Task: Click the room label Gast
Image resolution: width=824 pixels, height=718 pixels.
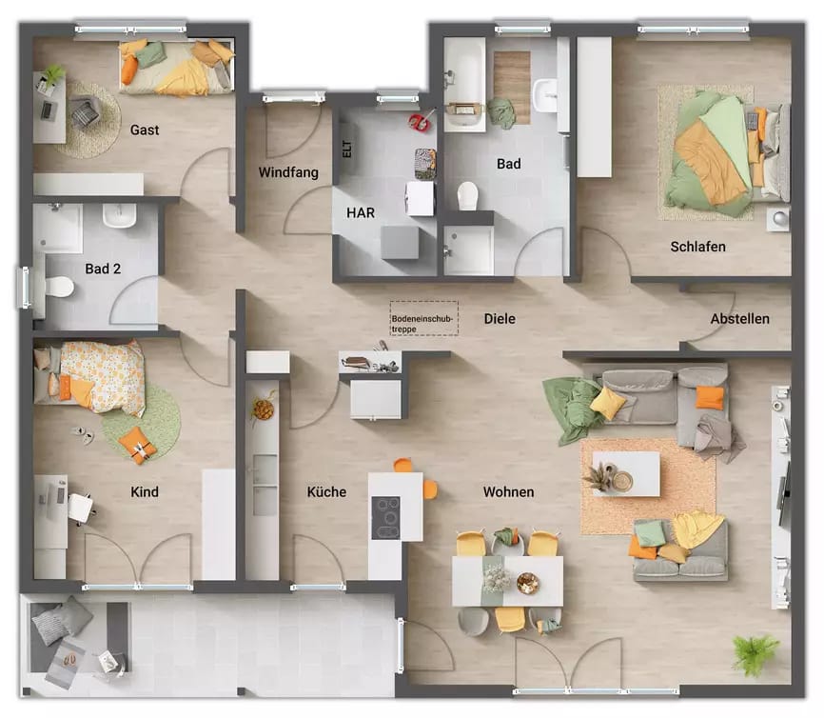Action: (x=145, y=130)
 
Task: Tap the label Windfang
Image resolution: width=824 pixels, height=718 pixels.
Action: (x=288, y=172)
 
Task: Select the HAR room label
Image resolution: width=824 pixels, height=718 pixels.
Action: (x=360, y=213)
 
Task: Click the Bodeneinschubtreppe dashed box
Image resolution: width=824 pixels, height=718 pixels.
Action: (x=423, y=318)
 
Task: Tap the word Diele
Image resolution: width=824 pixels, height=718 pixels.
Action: (x=500, y=318)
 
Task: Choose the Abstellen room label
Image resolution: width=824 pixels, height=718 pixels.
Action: (x=739, y=319)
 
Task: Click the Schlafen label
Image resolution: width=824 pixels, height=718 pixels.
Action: (x=697, y=247)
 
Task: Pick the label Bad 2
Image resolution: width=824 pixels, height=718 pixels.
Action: (x=103, y=269)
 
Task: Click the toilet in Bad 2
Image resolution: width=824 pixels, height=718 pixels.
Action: (x=60, y=285)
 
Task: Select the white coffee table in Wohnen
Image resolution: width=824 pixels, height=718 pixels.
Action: (x=625, y=473)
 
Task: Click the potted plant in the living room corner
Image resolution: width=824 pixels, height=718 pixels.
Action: (x=755, y=653)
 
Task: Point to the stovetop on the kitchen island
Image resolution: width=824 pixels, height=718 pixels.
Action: (x=386, y=517)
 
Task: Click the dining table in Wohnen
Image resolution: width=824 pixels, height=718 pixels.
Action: (x=507, y=580)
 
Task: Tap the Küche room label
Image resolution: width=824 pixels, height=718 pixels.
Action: (x=326, y=492)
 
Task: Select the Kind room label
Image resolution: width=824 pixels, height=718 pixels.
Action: (x=145, y=492)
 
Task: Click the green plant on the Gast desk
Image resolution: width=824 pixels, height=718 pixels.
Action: (x=52, y=74)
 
